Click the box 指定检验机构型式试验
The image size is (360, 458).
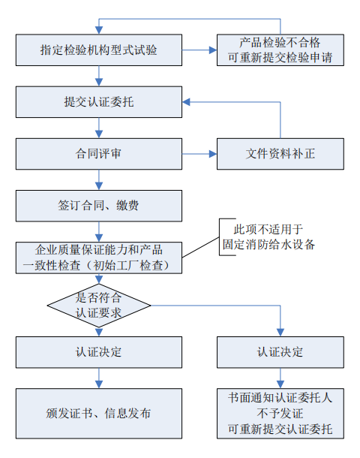(x=99, y=50)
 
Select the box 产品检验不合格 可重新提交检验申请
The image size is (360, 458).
(x=280, y=50)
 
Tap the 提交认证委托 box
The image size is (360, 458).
(x=99, y=101)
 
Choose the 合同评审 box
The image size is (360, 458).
(x=99, y=153)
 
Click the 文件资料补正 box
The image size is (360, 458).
(x=280, y=153)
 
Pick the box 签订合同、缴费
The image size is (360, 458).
(x=99, y=205)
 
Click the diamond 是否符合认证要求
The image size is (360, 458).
(x=99, y=305)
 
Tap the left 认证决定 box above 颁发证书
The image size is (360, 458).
(x=99, y=351)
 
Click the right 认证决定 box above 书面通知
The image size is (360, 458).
(x=280, y=351)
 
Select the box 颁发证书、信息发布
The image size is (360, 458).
(x=99, y=412)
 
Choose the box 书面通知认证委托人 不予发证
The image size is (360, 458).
(x=280, y=412)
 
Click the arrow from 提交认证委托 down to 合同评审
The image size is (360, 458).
(x=99, y=128)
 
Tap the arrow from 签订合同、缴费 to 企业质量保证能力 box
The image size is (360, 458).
(x=99, y=231)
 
